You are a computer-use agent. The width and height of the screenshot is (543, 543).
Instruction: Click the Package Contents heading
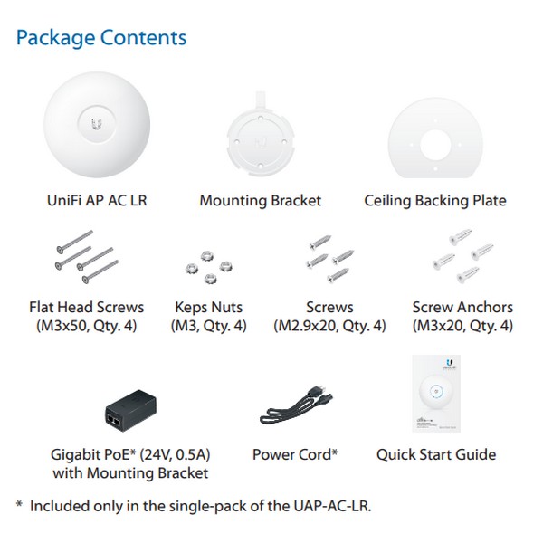(101, 38)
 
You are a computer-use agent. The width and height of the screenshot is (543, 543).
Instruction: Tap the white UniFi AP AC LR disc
(97, 125)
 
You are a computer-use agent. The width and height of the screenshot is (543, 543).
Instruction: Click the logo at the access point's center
(97, 124)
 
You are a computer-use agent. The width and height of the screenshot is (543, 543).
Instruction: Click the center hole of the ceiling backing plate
(435, 145)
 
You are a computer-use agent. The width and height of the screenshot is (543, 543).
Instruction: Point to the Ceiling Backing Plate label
(435, 201)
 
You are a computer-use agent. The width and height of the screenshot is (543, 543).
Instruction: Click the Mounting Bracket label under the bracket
(261, 201)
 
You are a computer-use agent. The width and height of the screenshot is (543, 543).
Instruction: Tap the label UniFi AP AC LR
(97, 201)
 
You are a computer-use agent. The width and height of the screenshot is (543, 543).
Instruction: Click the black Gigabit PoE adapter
(131, 410)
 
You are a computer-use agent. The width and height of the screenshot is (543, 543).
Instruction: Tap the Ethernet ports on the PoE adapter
(115, 420)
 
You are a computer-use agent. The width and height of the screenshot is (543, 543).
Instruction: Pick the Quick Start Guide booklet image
(436, 394)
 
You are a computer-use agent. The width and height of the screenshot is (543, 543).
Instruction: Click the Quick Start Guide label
(436, 454)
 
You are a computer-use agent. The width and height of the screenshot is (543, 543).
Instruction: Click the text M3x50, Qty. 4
(87, 326)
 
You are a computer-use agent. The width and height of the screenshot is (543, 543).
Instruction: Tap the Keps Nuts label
(208, 307)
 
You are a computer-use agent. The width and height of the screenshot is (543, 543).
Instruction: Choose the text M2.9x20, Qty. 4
(329, 326)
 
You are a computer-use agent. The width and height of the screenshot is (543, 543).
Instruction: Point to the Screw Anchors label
(462, 307)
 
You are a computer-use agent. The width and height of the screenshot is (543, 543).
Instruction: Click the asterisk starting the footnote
(19, 504)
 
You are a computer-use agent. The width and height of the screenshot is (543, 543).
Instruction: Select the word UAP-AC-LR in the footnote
(330, 506)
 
